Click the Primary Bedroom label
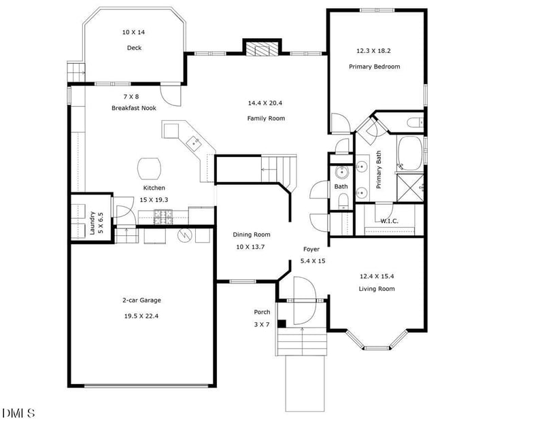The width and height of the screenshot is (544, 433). (374, 67)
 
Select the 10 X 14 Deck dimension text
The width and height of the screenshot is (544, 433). (134, 32)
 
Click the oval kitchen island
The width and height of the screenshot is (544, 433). (150, 167)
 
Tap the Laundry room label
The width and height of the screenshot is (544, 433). (92, 224)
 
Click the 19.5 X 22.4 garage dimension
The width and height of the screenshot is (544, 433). (141, 315)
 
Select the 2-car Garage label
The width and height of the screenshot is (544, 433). (141, 300)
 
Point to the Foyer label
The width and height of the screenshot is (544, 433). (311, 249)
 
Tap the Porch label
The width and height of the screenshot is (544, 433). (262, 312)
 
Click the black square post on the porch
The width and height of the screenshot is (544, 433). (282, 324)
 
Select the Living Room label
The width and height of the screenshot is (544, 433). (377, 289)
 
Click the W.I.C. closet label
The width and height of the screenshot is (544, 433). (389, 220)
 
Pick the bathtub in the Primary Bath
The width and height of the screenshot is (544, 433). (410, 152)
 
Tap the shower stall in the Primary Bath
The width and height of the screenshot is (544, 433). (410, 186)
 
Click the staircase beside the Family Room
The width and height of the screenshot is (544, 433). (279, 168)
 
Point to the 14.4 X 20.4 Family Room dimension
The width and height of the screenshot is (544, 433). (265, 103)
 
